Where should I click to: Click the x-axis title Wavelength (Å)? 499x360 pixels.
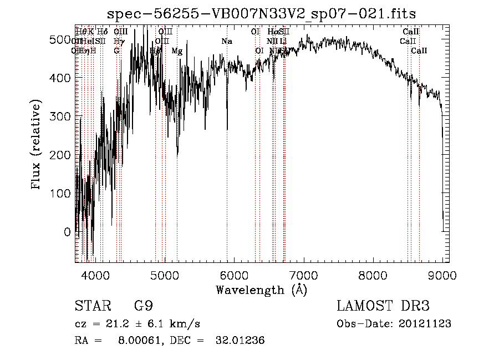(x=261, y=290)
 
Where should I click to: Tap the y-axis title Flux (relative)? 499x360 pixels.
(x=37, y=145)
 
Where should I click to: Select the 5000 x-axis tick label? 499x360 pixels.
(x=164, y=275)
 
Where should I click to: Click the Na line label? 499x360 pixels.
(x=226, y=42)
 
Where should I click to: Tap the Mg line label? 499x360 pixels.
(x=176, y=51)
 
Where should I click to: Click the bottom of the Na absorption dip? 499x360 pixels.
(x=227, y=129)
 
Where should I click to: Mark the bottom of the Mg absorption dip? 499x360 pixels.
(x=177, y=156)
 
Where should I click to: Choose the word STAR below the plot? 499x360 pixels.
(x=91, y=307)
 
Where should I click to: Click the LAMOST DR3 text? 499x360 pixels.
(x=383, y=307)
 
